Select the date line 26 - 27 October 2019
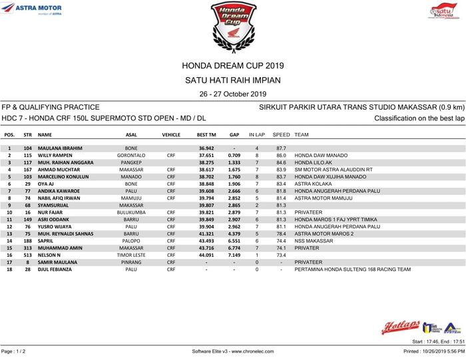coord(232,94)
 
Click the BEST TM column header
coord(206,134)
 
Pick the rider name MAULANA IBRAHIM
coord(60,148)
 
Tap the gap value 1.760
coord(234,177)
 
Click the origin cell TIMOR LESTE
coord(131,255)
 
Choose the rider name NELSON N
coord(49,255)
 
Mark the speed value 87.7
coord(281,148)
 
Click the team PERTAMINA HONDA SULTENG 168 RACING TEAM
coord(352,270)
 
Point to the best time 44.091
coord(206,255)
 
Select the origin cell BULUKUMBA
coord(131,212)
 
